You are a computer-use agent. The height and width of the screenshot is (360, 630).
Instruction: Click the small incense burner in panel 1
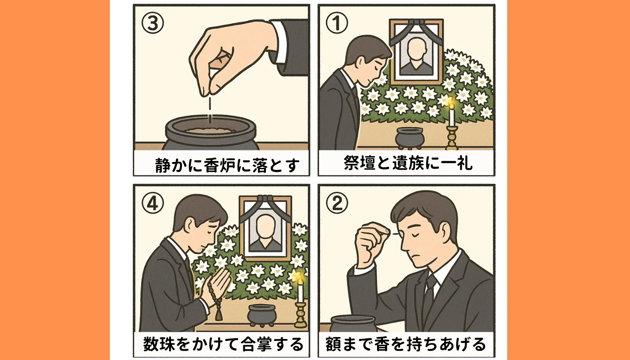coord(408,136)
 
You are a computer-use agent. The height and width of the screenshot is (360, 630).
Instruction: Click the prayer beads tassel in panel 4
coord(219,313)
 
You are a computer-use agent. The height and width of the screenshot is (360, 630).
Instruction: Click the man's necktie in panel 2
coord(429,292)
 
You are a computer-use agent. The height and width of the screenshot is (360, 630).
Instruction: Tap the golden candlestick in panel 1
coord(451,137)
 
